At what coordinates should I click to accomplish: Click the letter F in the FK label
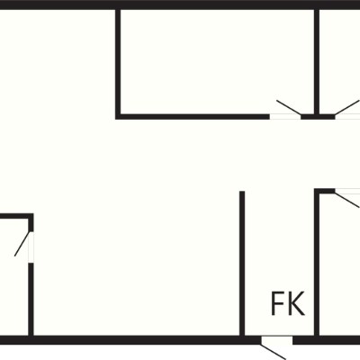coord(276,303)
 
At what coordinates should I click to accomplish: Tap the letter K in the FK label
coord(296,303)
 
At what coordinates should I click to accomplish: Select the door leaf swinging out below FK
coord(274,352)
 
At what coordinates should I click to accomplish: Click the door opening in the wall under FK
coord(276,340)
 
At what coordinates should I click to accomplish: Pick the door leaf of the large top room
coord(289,107)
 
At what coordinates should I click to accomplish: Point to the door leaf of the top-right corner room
coord(347,107)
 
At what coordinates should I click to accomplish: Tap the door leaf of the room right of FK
coord(347,200)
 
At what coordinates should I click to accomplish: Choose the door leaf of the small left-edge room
coord(22,244)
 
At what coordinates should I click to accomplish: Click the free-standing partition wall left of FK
coord(242,264)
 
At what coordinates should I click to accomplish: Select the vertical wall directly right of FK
coord(317,263)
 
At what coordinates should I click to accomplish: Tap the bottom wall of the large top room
coord(193,117)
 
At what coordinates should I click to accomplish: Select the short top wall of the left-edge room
coord(16,216)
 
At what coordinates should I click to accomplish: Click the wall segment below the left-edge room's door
coord(31,300)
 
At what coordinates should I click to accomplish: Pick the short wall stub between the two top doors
coord(318,117)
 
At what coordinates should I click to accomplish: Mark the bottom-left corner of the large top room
coord(118,117)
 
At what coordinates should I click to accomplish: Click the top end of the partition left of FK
coord(242,191)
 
